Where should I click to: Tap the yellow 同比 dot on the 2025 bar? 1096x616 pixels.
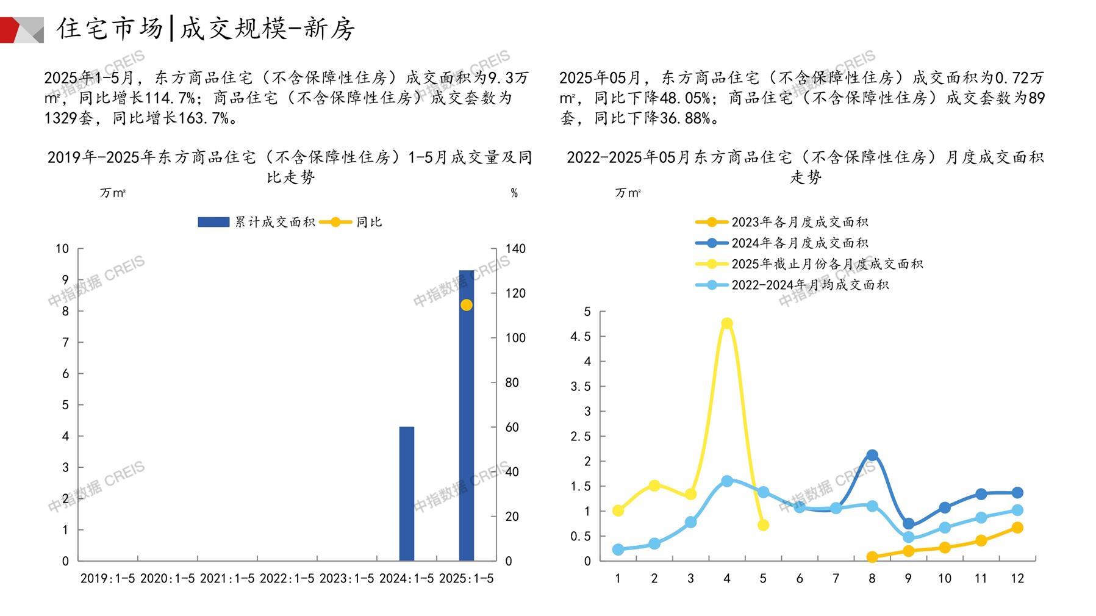[466, 305]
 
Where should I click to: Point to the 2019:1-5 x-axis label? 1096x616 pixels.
[108, 578]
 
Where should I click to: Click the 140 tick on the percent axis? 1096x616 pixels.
[515, 249]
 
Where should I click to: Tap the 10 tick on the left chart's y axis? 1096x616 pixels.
[62, 249]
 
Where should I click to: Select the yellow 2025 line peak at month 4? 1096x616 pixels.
[726, 323]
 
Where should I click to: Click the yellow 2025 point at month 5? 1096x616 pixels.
[763, 525]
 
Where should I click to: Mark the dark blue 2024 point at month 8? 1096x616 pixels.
[872, 455]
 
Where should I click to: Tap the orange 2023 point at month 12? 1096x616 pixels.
[1017, 528]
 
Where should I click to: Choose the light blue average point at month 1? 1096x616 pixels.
[618, 550]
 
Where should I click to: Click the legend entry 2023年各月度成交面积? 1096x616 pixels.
[799, 222]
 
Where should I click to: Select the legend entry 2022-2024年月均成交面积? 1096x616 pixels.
[809, 285]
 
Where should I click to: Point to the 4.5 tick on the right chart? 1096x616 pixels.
[580, 337]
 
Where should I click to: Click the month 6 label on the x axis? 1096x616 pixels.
[799, 578]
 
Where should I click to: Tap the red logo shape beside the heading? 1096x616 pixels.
[11, 29]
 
